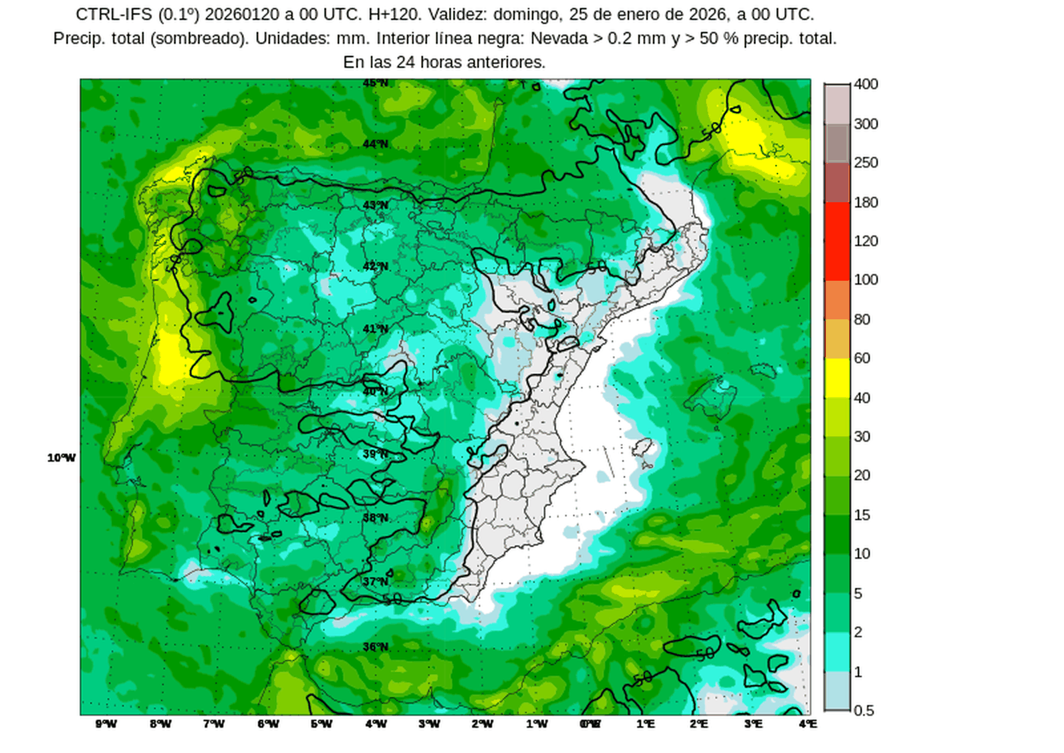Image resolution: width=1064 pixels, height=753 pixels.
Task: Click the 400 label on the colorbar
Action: click(866, 84)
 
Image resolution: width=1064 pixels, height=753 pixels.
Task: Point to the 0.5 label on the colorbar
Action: click(863, 710)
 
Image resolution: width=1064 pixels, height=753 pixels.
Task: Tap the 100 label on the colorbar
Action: click(866, 279)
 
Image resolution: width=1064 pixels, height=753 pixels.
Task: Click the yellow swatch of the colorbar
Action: click(837, 378)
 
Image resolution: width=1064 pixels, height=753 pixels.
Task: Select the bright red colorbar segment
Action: click(837, 241)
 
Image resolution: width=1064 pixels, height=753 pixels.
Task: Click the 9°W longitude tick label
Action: click(106, 724)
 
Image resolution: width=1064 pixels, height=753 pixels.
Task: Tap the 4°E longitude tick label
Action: click(807, 724)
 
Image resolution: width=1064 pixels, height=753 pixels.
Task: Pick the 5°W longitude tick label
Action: click(321, 724)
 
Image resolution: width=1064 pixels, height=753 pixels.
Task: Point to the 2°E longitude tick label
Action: click(698, 724)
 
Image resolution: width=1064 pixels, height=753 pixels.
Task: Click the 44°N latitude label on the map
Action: click(376, 144)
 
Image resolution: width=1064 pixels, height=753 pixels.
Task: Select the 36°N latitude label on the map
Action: click(376, 647)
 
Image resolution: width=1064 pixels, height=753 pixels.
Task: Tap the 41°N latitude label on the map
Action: click(376, 329)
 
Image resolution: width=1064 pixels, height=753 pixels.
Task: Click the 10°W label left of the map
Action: click(61, 458)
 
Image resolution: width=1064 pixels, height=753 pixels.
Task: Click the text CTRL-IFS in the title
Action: click(114, 15)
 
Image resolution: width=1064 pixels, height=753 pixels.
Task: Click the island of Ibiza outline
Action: click(642, 447)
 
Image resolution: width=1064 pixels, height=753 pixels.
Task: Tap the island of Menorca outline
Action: click(763, 371)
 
